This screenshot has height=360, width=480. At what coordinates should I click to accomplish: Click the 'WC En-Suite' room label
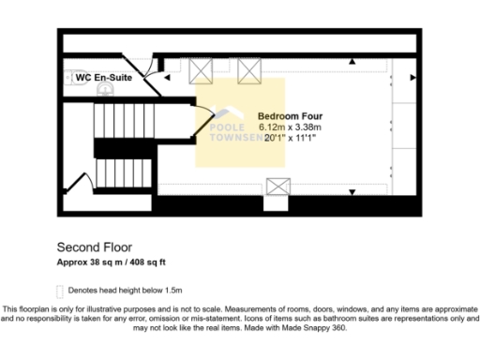(97, 78)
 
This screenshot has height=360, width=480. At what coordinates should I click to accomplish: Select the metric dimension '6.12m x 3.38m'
(290, 127)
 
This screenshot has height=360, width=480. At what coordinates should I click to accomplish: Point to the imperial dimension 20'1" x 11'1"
(289, 138)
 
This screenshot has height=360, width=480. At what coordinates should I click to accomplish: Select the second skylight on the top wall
(249, 68)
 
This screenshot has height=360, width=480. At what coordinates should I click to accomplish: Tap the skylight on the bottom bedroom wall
(277, 187)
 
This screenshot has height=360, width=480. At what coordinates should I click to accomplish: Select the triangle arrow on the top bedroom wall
(352, 62)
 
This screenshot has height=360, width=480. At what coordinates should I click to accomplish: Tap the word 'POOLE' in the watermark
(226, 125)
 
